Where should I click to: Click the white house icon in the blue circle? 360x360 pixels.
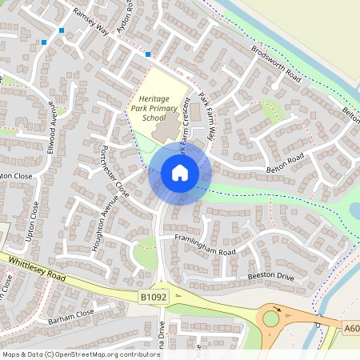point(180,173)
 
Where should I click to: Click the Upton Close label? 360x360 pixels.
point(34,221)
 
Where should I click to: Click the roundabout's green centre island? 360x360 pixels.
point(270,318)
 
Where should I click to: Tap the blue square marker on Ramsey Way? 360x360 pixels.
point(148,54)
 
